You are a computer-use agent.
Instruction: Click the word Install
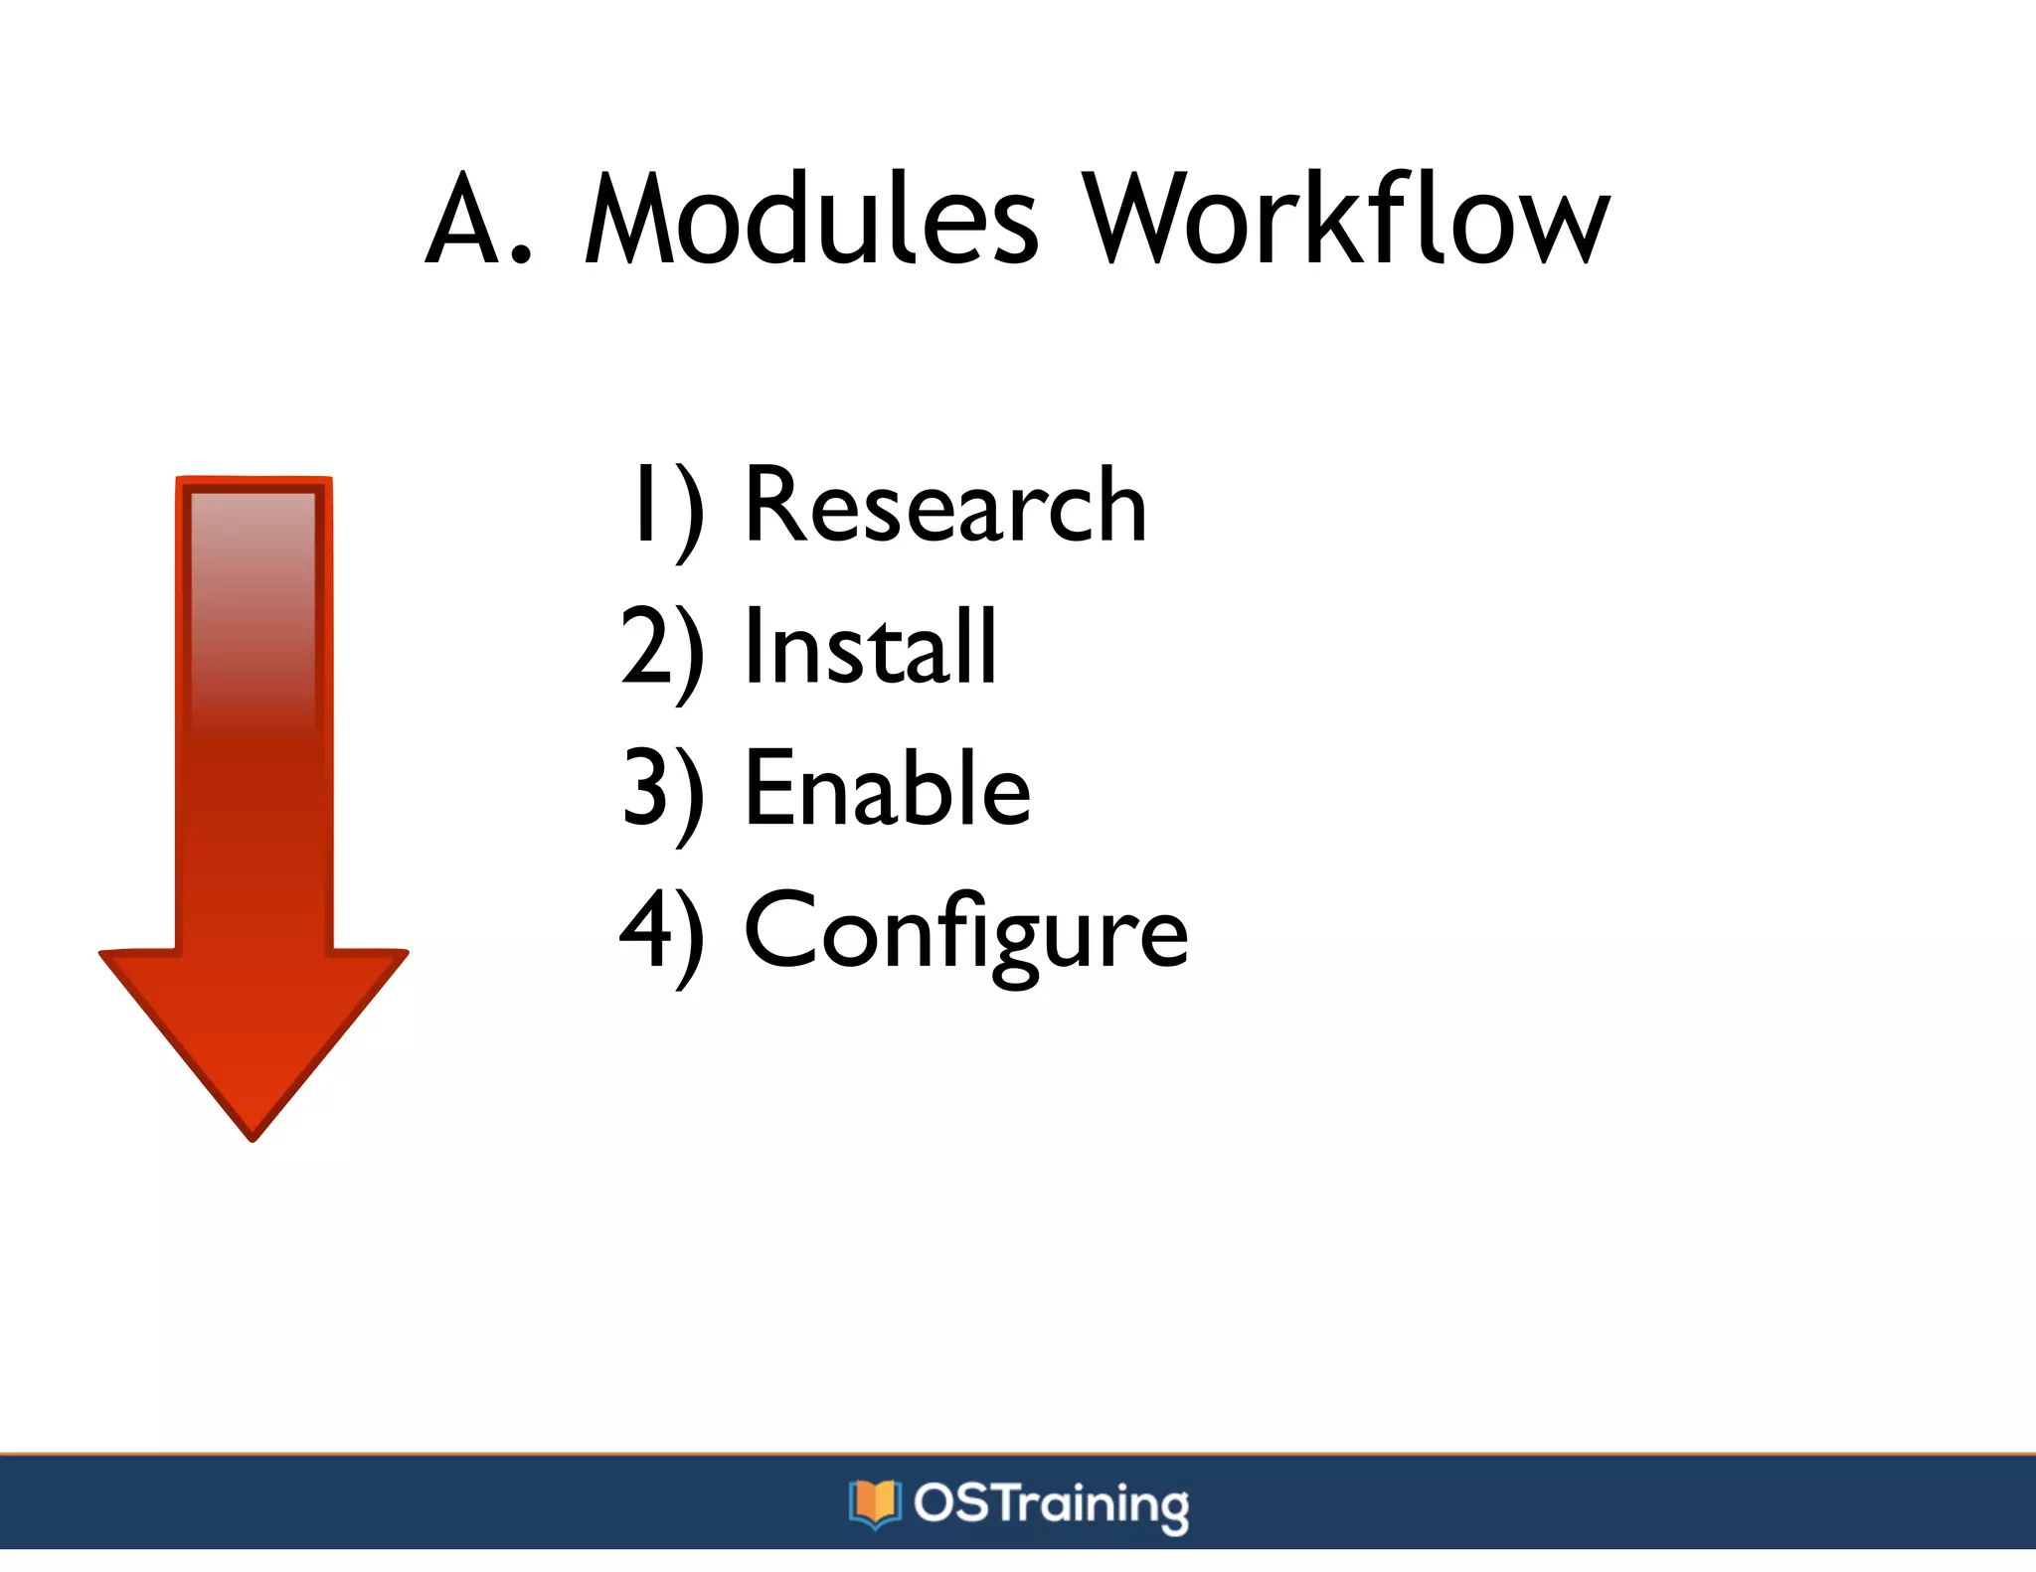pos(870,647)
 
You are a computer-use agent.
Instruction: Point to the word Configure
pos(965,932)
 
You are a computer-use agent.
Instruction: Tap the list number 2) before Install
pos(662,649)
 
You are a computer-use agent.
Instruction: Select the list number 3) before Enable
pos(662,791)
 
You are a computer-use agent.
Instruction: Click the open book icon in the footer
pos(874,1502)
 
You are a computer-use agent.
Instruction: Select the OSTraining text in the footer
pos(1051,1503)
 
